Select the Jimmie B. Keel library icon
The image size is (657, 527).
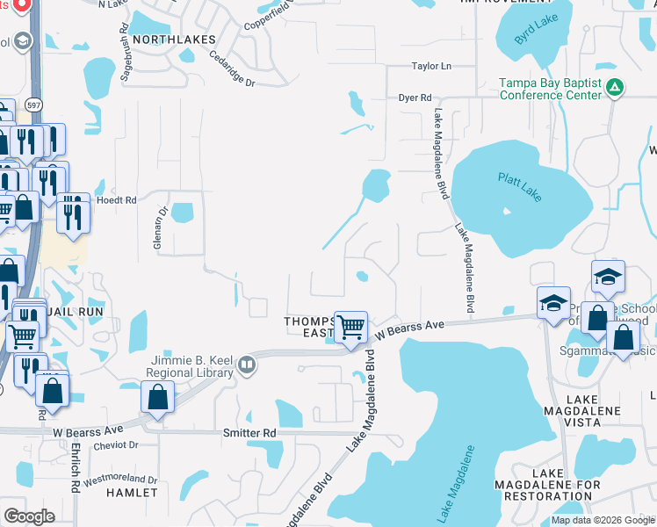pos(247,365)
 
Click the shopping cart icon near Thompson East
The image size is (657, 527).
pos(351,327)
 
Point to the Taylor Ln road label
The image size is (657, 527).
pos(431,67)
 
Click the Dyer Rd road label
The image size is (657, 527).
pos(415,98)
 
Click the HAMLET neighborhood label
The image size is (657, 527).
pos(132,494)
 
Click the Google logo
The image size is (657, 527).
pos(29,516)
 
